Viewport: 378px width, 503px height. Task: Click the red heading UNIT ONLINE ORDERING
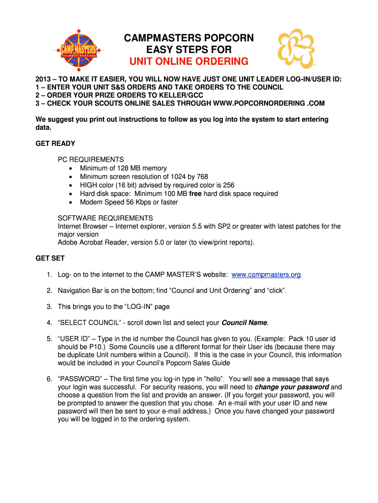[x=189, y=61]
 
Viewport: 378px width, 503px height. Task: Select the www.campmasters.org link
[x=266, y=275]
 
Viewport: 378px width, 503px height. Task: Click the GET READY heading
[x=55, y=144]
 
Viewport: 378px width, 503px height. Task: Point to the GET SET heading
[x=50, y=258]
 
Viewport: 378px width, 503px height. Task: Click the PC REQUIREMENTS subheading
[x=91, y=160]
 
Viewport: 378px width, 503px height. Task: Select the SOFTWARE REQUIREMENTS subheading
[x=105, y=218]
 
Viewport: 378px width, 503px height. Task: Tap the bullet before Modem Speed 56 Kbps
[x=71, y=202]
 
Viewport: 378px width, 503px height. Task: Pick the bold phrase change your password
[x=292, y=387]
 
